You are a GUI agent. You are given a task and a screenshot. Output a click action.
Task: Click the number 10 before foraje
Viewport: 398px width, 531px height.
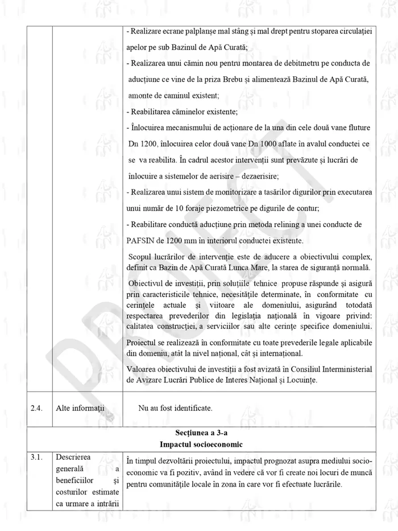(180, 208)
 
